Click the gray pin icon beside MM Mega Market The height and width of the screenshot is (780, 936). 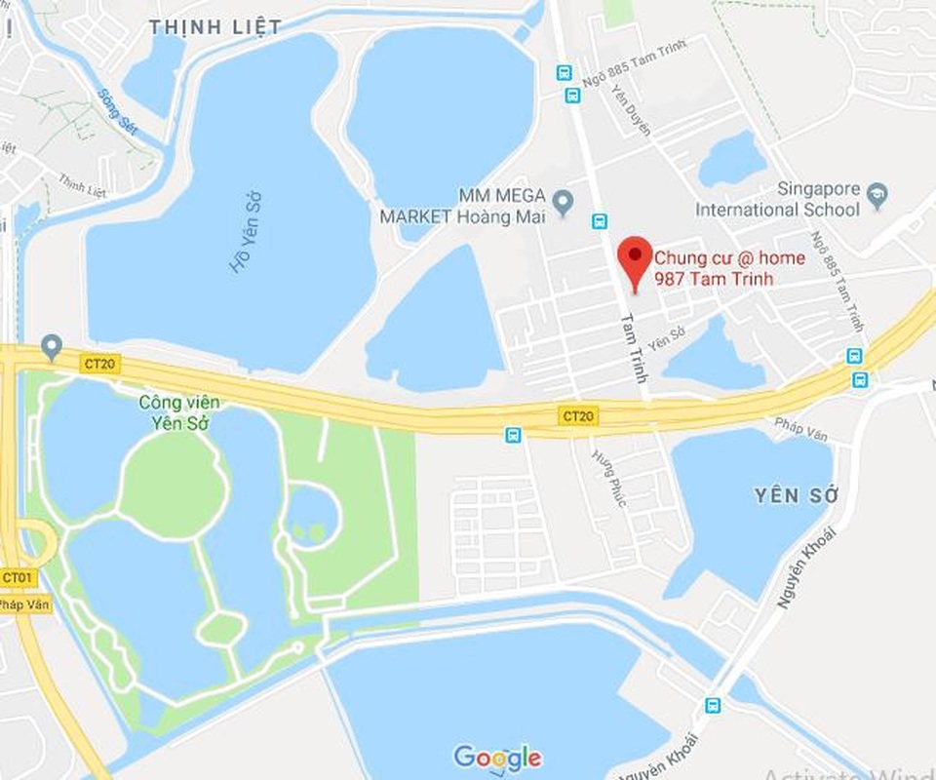(562, 203)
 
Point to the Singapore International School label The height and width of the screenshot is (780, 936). (777, 199)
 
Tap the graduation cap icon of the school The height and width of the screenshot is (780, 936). (877, 195)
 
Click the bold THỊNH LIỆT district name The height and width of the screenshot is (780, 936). (215, 27)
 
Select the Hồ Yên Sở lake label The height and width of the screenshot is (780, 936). (245, 243)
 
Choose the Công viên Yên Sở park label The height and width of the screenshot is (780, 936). (179, 412)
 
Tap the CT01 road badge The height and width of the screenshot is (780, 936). (17, 578)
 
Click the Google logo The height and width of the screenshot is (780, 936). (497, 757)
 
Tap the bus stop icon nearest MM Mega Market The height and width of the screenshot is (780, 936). (599, 221)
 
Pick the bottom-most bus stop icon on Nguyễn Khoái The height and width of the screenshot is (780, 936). (713, 704)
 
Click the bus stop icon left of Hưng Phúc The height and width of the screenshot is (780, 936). (513, 435)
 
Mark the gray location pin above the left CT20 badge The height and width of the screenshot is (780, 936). (51, 345)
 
